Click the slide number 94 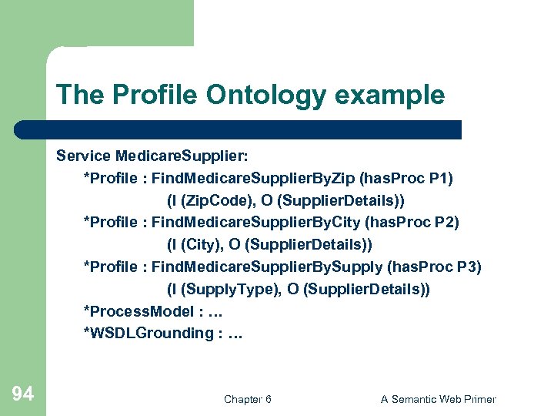pyautogui.click(x=23, y=394)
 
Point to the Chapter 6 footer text pyautogui.click(x=247, y=399)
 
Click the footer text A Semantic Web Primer pyautogui.click(x=439, y=399)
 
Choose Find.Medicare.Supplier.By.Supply pyautogui.click(x=267, y=267)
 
